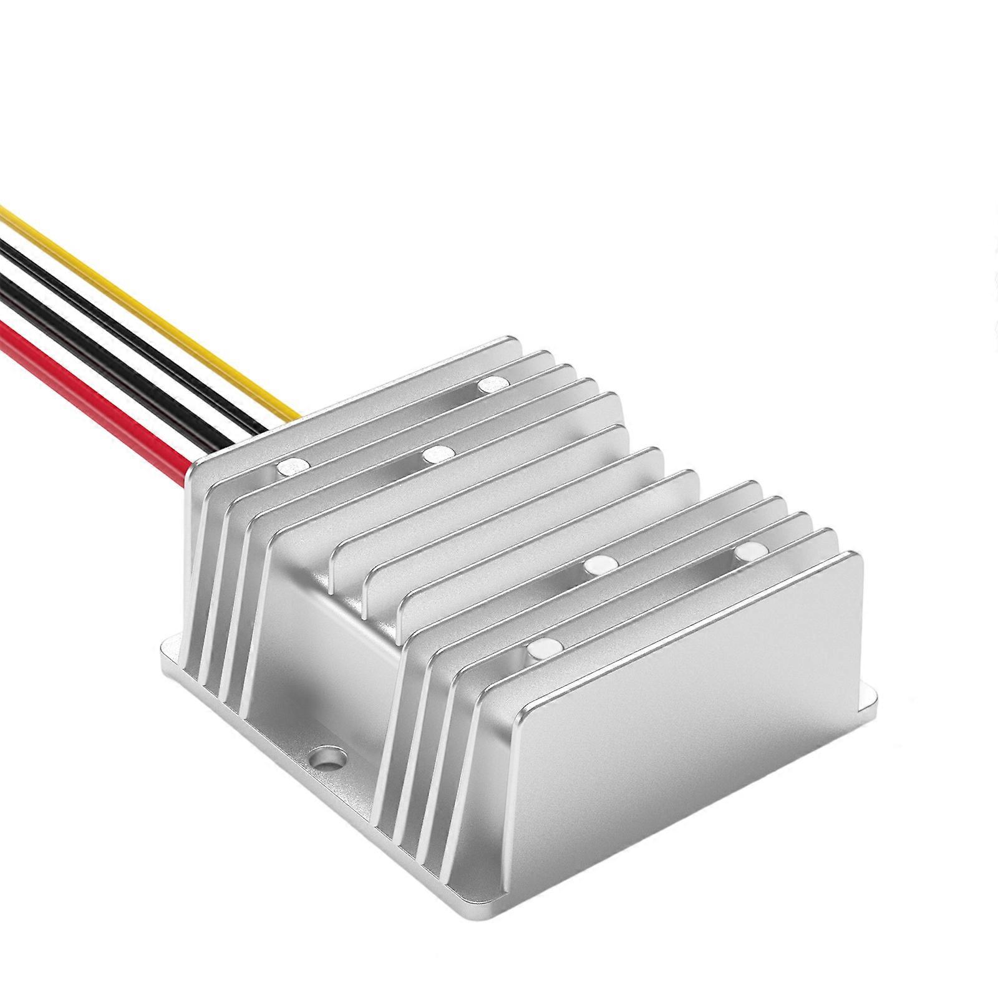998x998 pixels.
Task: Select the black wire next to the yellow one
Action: coord(125,324)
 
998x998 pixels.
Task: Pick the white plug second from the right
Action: coord(599,565)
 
